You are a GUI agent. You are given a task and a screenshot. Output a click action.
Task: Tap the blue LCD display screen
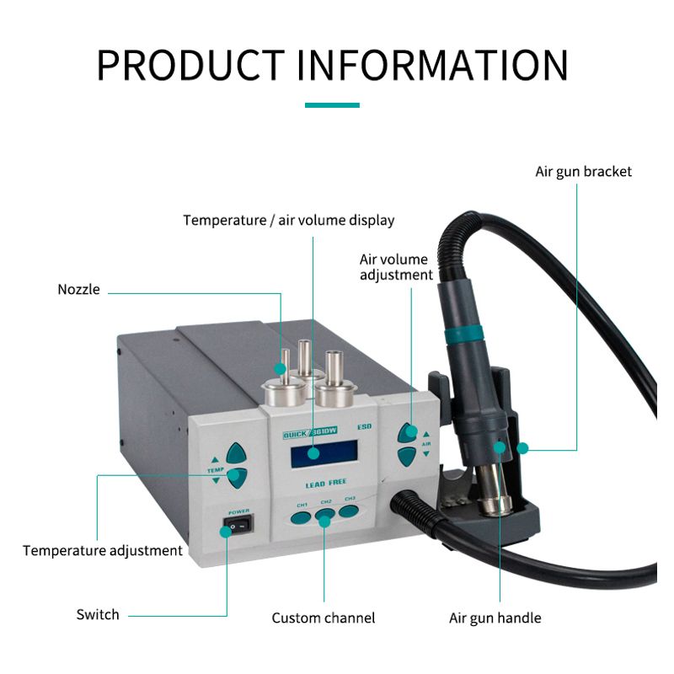[324, 454]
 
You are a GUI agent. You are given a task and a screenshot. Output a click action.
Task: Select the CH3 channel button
[349, 511]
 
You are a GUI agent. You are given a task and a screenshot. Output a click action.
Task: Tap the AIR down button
[406, 457]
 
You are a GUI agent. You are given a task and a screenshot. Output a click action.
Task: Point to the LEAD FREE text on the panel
[326, 484]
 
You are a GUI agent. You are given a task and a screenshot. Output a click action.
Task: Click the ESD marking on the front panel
[364, 427]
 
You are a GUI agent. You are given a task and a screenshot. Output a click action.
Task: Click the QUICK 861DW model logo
[310, 432]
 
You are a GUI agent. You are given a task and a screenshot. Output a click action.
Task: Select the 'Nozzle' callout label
[78, 289]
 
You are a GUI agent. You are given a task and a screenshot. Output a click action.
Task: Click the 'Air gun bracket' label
[583, 172]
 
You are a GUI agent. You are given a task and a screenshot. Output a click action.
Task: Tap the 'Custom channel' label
[324, 618]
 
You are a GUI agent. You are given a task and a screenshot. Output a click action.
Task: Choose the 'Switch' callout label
[98, 614]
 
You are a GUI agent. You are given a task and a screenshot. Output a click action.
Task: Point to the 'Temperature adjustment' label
[103, 551]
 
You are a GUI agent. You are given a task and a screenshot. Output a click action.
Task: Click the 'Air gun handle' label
[495, 618]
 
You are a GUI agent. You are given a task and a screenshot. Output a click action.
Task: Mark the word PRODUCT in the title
[190, 65]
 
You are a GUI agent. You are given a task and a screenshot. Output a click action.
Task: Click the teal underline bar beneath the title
[332, 104]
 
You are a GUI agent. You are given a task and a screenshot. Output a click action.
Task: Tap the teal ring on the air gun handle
[463, 334]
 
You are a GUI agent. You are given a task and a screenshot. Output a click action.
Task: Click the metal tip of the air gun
[495, 490]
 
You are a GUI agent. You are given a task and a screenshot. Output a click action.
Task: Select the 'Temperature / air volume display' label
[289, 220]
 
